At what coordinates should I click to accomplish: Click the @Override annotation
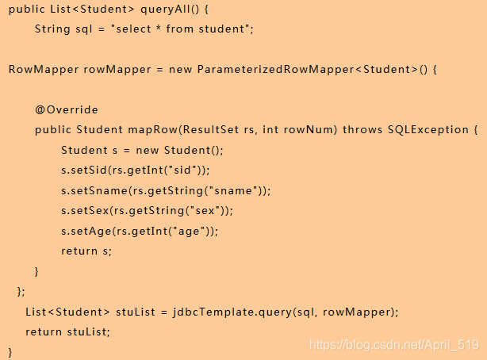pos(67,109)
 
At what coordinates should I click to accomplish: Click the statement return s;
pos(86,251)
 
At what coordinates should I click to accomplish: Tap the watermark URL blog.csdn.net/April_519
pos(394,344)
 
